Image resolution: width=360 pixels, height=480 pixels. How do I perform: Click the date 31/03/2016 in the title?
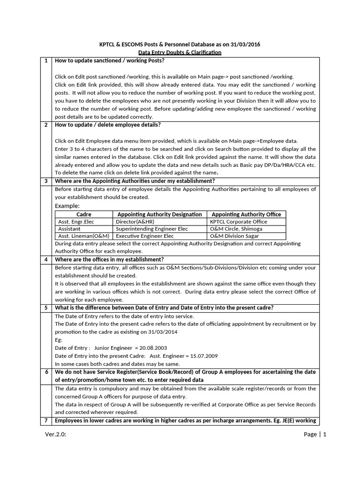(243, 45)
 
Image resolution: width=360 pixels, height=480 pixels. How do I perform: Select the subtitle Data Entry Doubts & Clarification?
(180, 52)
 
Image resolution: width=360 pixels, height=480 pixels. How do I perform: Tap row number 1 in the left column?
(46, 61)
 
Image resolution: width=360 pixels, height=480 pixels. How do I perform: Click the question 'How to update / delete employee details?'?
(108, 125)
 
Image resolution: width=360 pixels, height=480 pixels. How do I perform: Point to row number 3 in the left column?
(46, 181)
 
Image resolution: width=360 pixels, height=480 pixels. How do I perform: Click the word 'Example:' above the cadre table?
(67, 206)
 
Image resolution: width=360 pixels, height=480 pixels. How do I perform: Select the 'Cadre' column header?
(83, 214)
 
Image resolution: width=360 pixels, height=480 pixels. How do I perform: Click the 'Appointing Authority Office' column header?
(246, 214)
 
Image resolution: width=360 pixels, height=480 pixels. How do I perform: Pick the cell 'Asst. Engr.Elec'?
(76, 222)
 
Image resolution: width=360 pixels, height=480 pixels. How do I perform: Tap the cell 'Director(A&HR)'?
(135, 222)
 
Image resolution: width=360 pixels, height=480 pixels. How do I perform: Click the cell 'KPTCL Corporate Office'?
(239, 222)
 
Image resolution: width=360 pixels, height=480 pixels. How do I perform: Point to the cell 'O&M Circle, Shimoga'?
(236, 229)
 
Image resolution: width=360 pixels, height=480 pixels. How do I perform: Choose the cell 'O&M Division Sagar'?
(234, 236)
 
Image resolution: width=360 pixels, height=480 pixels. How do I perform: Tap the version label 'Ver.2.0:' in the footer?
(56, 434)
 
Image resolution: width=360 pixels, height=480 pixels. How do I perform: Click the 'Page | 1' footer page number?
(315, 434)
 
